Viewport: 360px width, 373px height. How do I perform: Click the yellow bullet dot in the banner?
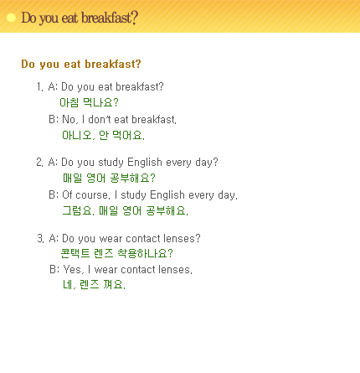(11, 18)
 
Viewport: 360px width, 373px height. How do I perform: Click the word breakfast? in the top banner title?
(110, 18)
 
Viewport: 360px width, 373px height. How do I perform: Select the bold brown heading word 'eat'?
(72, 64)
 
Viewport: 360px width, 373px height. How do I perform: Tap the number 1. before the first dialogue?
(40, 87)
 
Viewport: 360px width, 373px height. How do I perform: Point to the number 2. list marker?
(39, 163)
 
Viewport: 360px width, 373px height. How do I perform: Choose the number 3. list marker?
(40, 238)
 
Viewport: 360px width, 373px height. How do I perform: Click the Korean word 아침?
(69, 102)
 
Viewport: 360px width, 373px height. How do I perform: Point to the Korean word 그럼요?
(78, 210)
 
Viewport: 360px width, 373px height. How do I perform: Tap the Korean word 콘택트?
(75, 253)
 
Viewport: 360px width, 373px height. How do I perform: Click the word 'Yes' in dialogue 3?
(73, 270)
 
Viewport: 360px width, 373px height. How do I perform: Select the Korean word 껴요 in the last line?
(115, 285)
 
